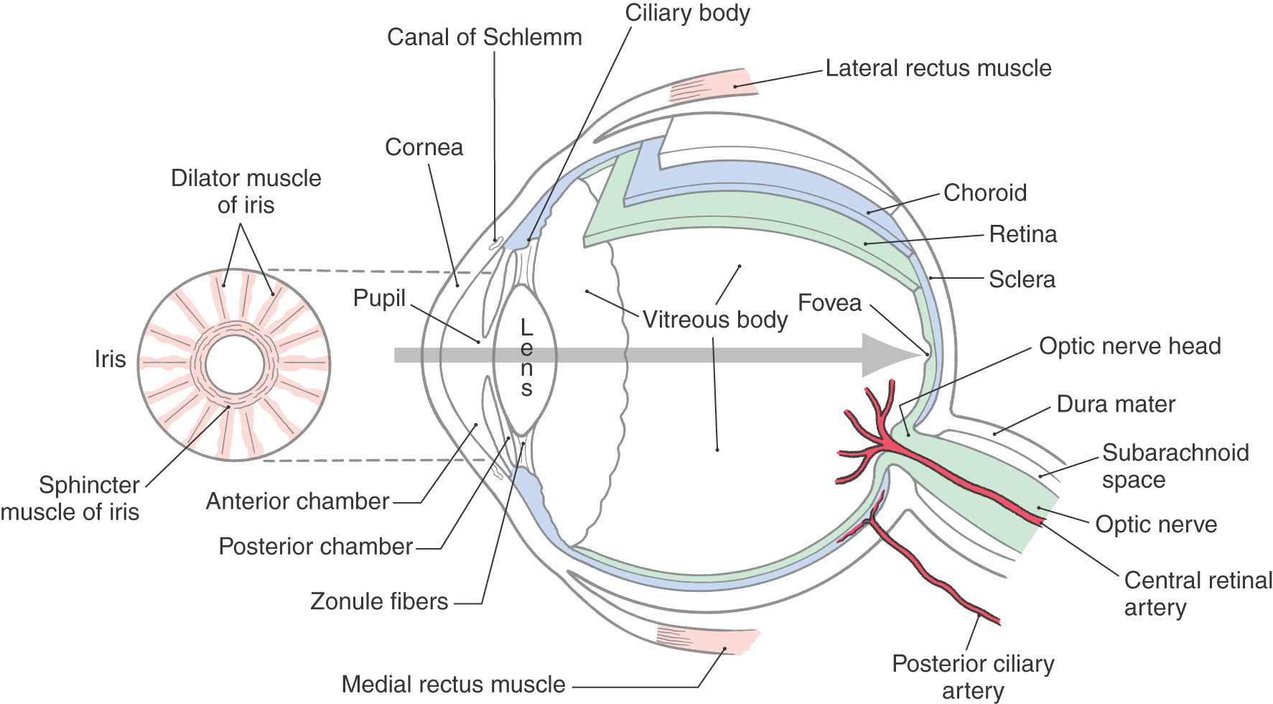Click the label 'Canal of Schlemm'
(x=484, y=37)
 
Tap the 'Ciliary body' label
(x=687, y=13)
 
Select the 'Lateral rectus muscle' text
(x=938, y=68)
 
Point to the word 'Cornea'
(x=424, y=147)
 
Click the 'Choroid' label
(x=984, y=193)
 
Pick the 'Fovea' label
(x=829, y=303)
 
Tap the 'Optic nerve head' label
(x=1129, y=346)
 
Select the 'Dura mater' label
(x=1116, y=404)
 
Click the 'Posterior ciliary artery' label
(x=973, y=677)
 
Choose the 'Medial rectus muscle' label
(x=453, y=685)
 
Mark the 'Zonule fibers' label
(x=379, y=601)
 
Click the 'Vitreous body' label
(x=714, y=320)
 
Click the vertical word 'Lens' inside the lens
(x=526, y=358)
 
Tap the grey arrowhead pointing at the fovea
(x=890, y=355)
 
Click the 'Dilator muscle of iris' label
(x=246, y=192)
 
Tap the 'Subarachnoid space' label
(x=1175, y=466)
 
